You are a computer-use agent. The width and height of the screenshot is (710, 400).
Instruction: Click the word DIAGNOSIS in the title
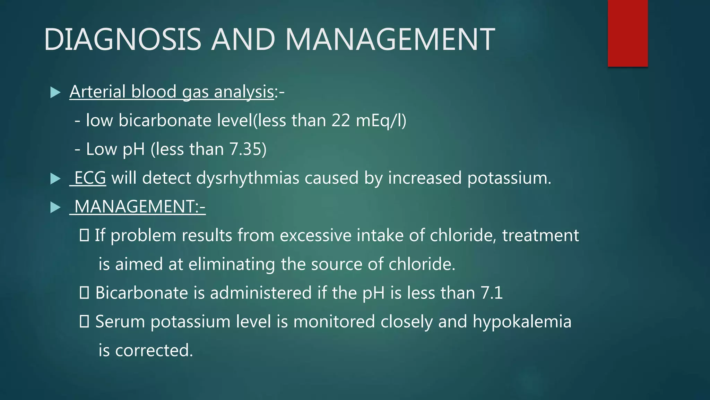[x=122, y=39]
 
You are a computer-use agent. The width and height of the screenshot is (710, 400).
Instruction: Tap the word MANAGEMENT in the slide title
[x=390, y=39]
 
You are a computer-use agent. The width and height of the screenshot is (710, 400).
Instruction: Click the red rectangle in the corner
[x=627, y=33]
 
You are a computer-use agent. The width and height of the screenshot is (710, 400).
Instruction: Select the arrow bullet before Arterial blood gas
[x=55, y=92]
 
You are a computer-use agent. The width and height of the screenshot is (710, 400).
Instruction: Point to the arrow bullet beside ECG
[x=55, y=178]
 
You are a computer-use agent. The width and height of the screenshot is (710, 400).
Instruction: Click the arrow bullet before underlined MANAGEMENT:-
[x=55, y=207]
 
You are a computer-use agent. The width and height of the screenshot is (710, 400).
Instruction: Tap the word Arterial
[x=97, y=92]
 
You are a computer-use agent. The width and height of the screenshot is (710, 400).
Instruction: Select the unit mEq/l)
[x=381, y=121]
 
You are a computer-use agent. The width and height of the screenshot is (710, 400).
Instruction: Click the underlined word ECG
[x=90, y=178]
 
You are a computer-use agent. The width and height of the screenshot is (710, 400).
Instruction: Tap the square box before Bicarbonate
[x=84, y=293]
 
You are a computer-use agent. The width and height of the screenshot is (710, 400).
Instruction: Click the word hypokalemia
[x=522, y=322]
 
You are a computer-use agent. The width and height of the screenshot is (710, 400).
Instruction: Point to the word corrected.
[x=154, y=350]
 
